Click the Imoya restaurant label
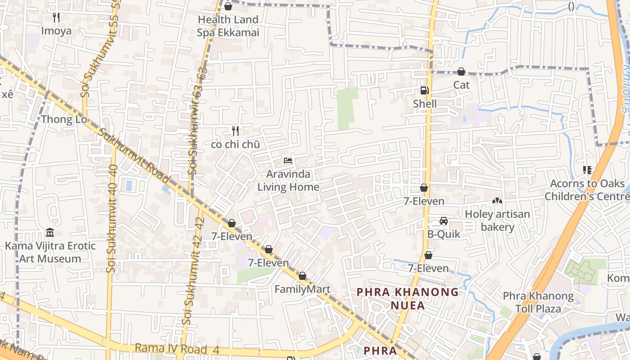point(56,31)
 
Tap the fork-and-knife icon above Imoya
point(56,18)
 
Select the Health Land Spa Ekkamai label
point(228,26)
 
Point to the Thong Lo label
point(63,119)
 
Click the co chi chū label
point(235,144)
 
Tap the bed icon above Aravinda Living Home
point(288,160)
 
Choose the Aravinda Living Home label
point(288,180)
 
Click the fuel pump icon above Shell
point(424,90)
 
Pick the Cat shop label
point(461,85)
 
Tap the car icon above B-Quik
point(444,221)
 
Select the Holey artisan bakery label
point(497,220)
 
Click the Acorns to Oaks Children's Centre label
point(587,190)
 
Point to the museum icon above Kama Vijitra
point(50,233)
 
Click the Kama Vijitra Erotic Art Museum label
point(50,252)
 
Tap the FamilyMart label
point(302,289)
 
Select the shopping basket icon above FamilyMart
point(302,276)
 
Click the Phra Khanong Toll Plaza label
point(538,302)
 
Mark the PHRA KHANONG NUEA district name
point(408,298)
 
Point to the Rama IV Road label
point(171,349)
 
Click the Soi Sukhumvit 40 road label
point(112,218)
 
